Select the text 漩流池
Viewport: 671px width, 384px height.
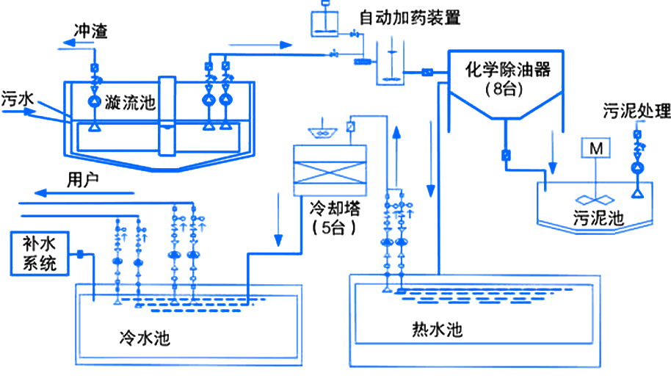click(x=131, y=102)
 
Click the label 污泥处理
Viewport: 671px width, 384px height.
click(x=636, y=112)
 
